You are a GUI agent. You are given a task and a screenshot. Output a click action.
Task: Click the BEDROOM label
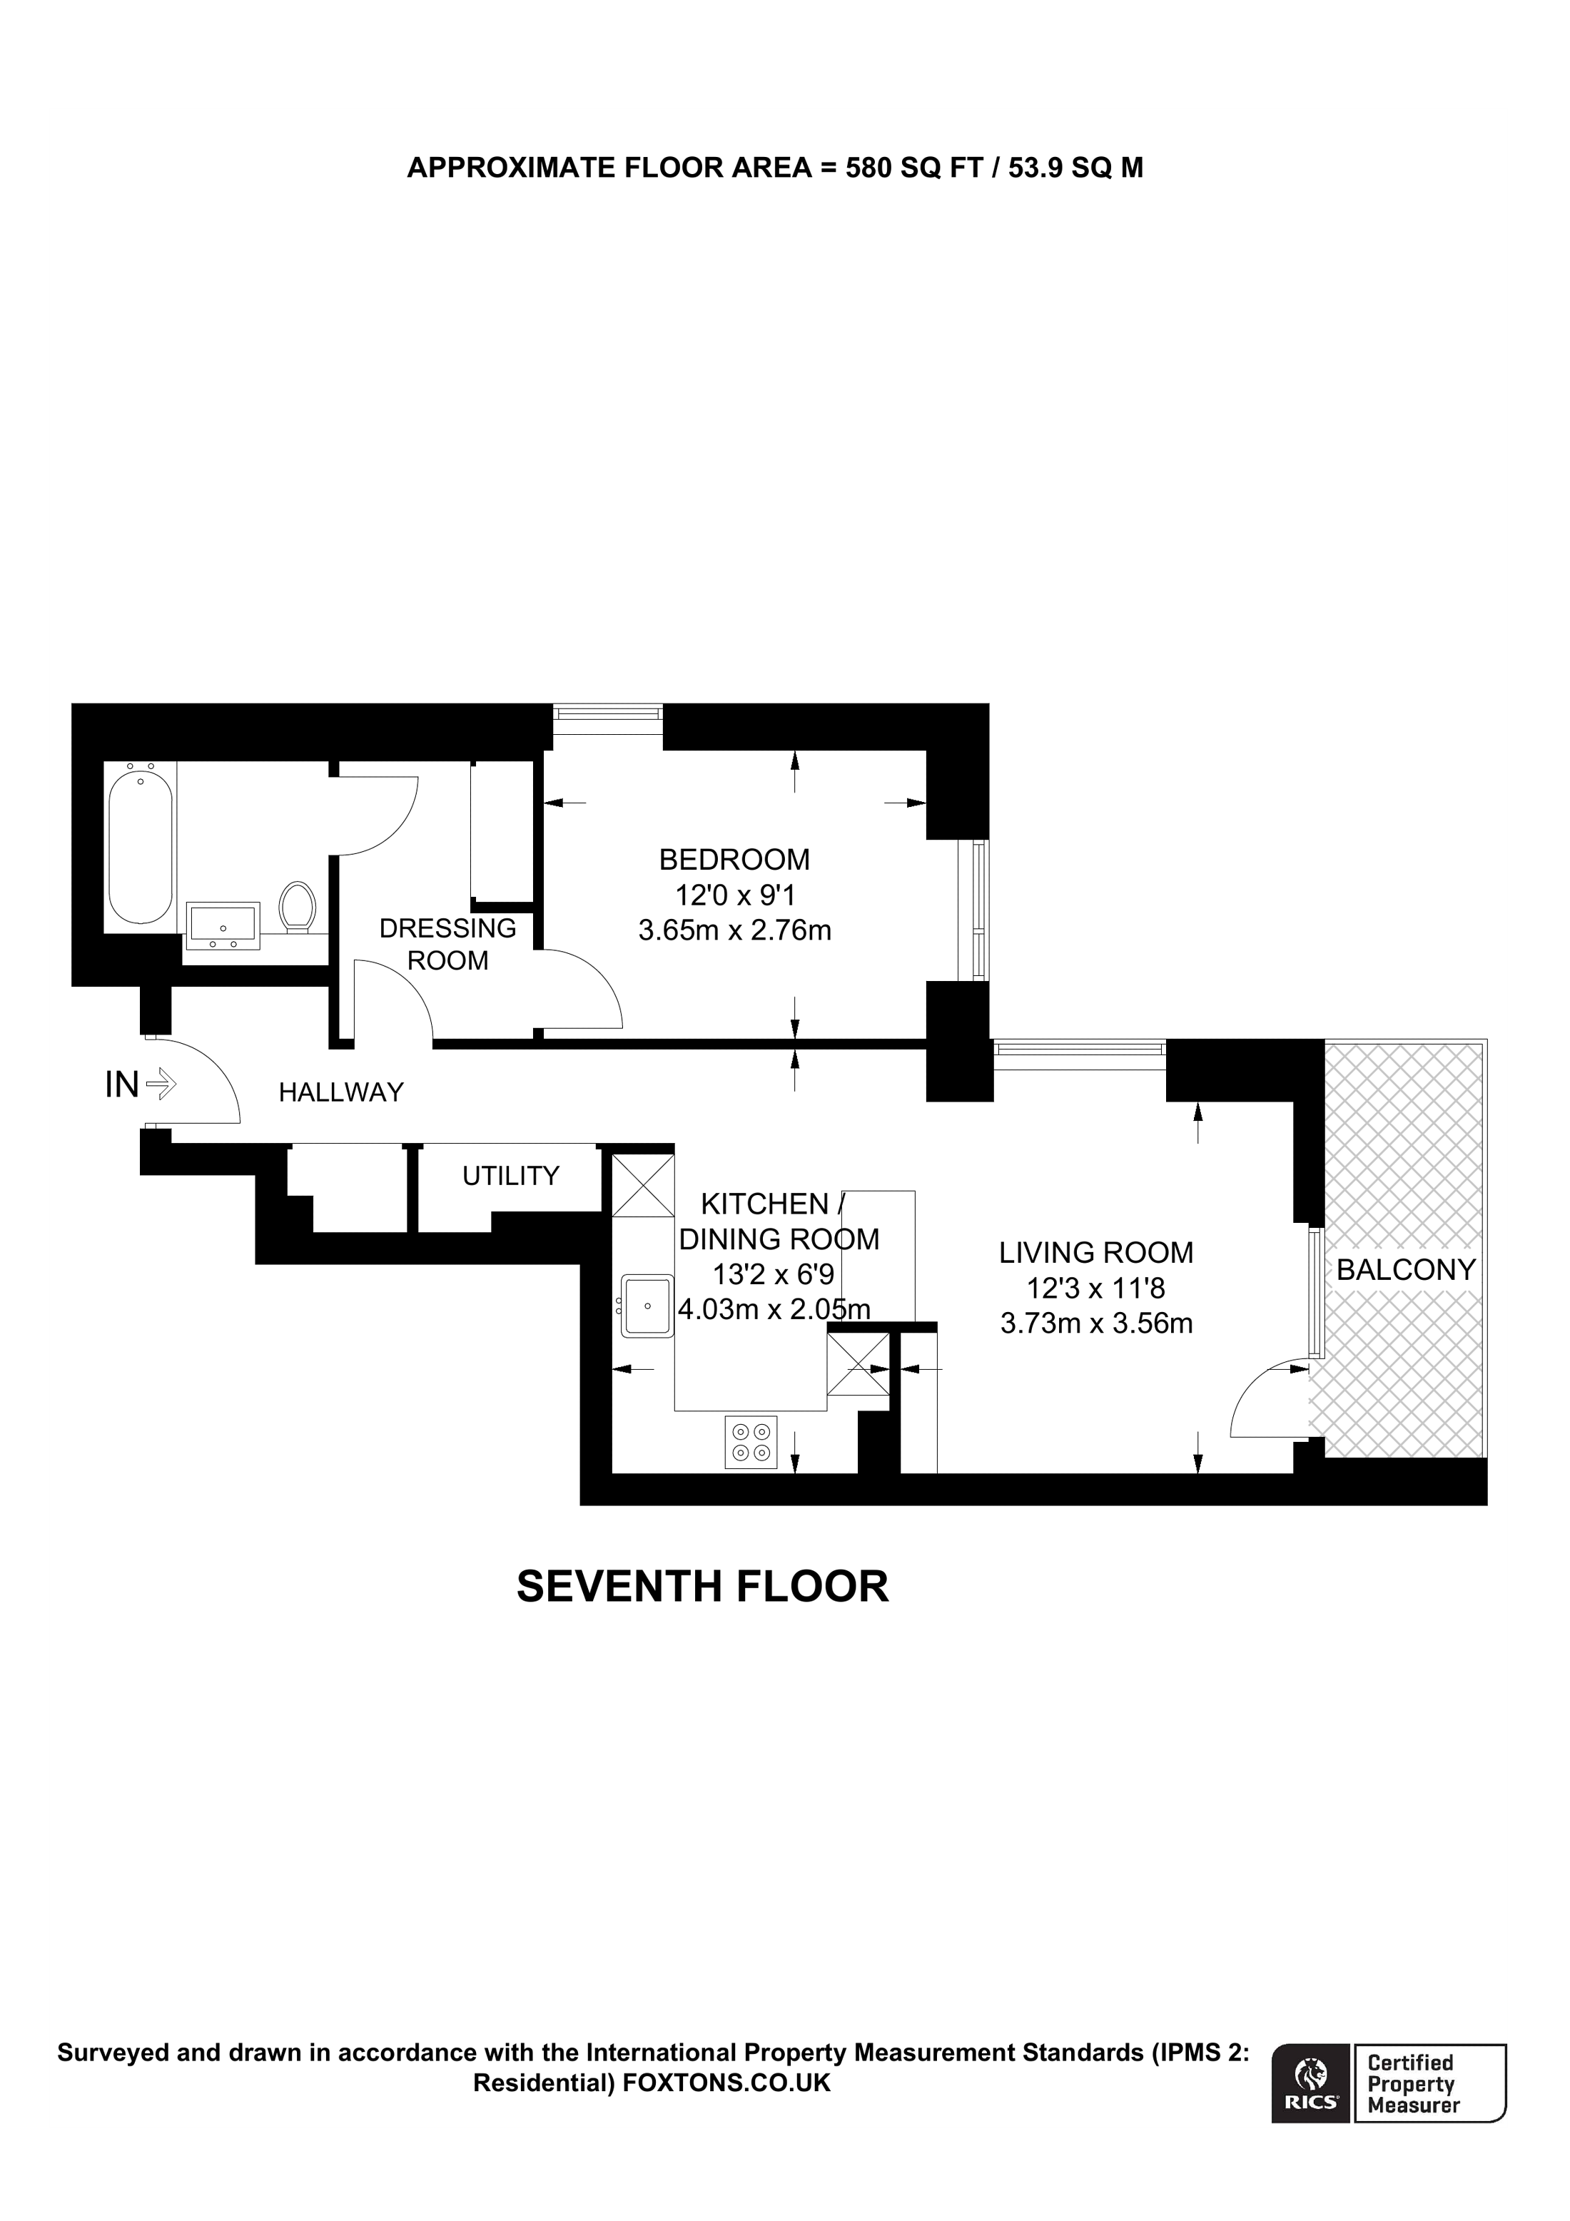[734, 859]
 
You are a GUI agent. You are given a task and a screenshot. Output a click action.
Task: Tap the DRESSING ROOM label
[448, 944]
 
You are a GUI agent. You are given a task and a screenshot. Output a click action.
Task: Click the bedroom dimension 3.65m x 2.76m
[734, 930]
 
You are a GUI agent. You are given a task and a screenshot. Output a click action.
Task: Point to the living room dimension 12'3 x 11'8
[1096, 1289]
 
